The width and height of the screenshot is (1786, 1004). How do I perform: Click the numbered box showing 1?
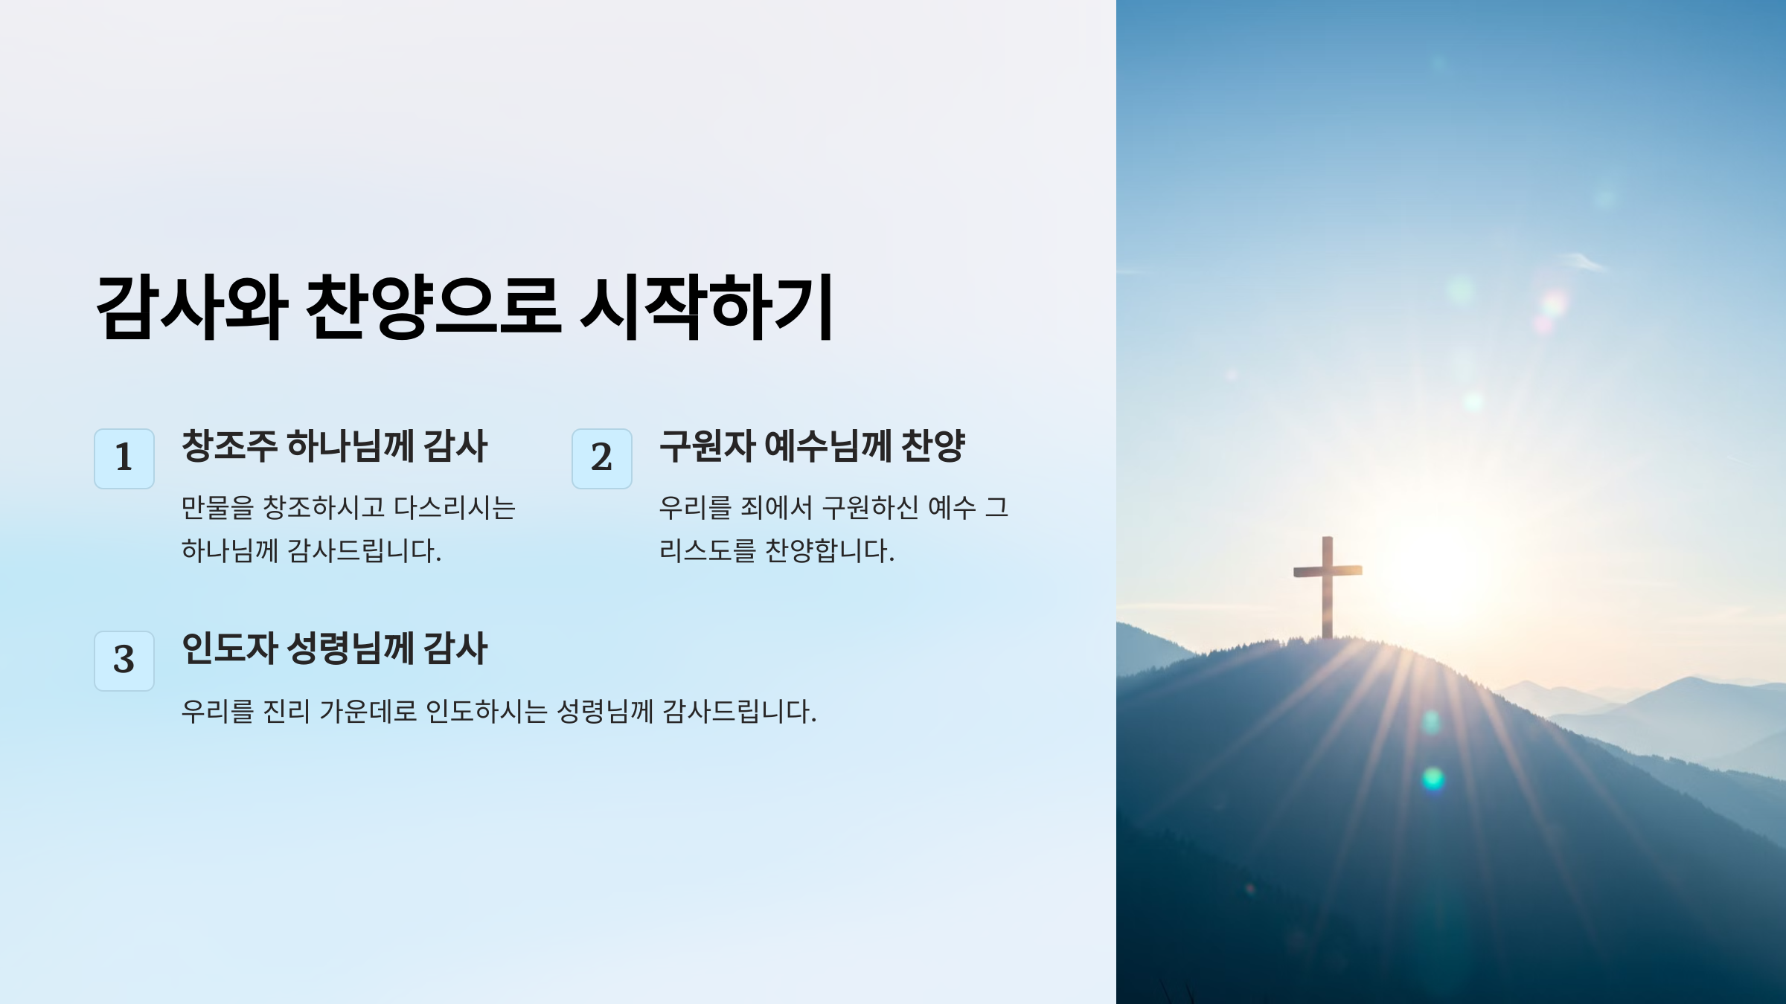124,458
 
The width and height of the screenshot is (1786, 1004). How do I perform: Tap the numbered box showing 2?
601,458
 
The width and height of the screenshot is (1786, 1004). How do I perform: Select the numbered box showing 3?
124,660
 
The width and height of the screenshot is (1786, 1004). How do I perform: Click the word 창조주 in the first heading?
229,446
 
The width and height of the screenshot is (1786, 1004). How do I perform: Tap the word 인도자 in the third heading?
229,649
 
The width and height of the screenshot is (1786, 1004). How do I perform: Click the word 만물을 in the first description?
217,508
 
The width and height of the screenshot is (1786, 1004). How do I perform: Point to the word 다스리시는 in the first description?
455,508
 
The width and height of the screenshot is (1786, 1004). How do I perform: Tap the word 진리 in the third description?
287,712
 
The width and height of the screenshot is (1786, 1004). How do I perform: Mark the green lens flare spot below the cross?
1433,779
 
